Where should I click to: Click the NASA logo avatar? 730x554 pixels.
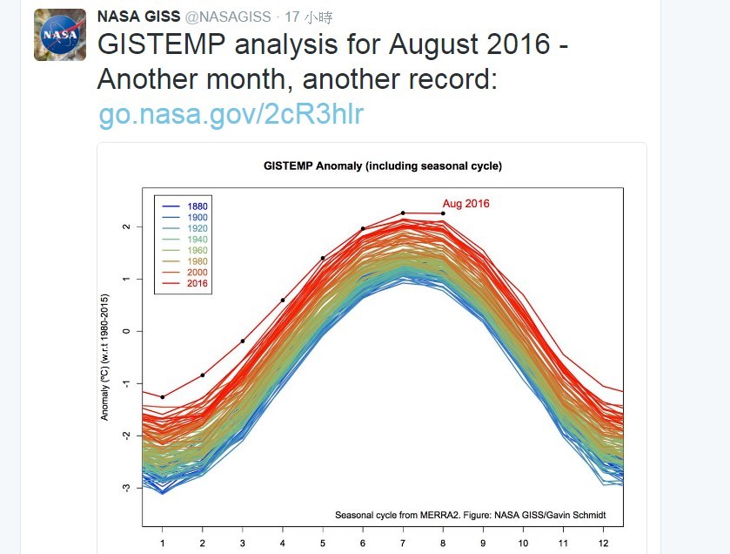point(60,35)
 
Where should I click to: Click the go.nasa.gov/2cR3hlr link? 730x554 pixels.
point(231,113)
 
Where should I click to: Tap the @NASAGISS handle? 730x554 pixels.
point(228,17)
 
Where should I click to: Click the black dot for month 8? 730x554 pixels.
point(443,213)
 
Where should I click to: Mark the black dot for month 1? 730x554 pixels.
point(163,397)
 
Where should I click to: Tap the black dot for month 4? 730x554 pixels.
point(283,301)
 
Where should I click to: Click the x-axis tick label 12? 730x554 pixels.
point(602,543)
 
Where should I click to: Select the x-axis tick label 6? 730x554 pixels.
point(363,543)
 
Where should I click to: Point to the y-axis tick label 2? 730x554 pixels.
point(127,226)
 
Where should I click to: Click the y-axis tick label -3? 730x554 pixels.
point(127,488)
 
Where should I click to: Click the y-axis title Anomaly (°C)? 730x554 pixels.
point(105,357)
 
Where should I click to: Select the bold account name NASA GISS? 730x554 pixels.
point(138,17)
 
